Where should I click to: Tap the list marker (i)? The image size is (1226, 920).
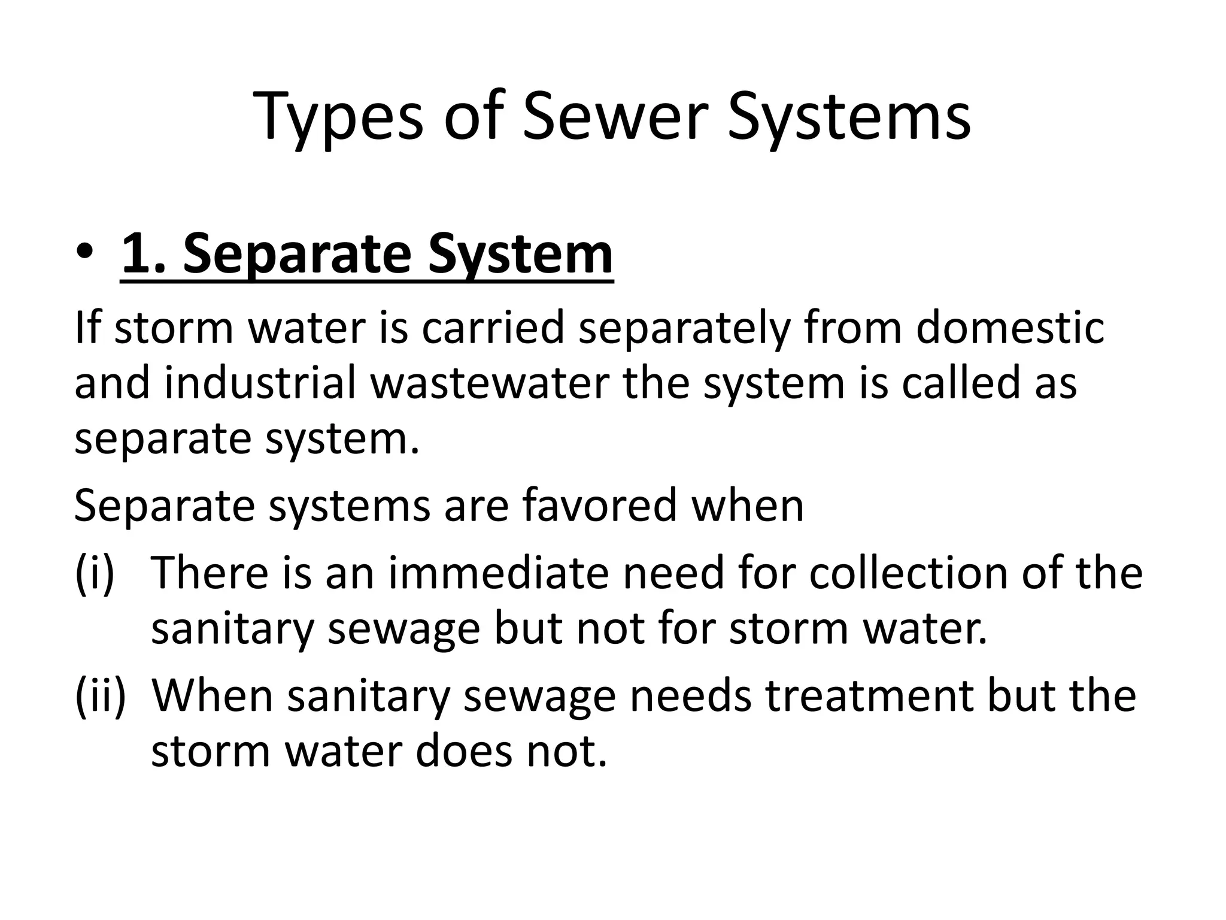coord(94,573)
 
